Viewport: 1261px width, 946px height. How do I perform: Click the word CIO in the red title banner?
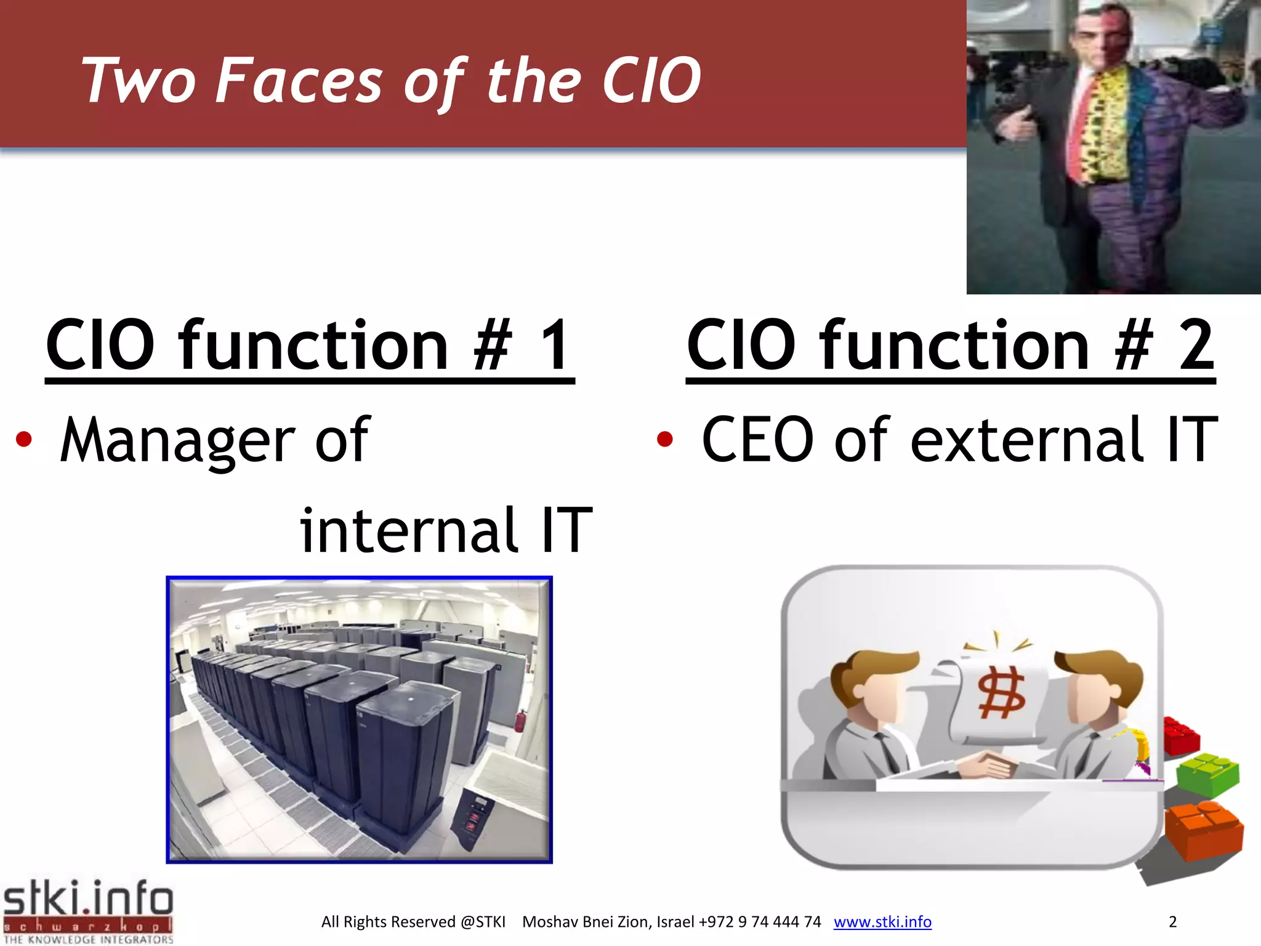coord(651,81)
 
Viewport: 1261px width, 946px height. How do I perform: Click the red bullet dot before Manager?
coord(24,440)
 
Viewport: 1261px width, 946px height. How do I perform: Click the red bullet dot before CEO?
coord(664,440)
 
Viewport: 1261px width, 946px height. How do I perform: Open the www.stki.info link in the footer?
coord(882,922)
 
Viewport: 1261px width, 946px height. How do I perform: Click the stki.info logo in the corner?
coord(88,910)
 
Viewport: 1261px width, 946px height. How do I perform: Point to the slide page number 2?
coord(1172,922)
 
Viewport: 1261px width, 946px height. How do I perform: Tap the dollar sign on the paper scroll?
coord(1002,694)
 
